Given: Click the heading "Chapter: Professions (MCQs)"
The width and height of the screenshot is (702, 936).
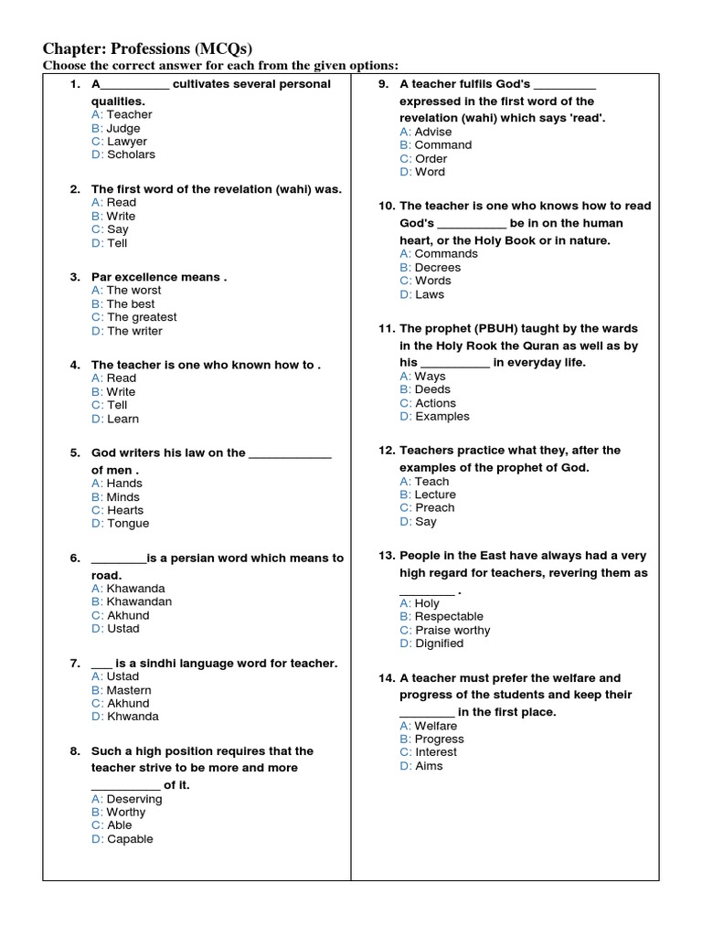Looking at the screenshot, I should point(148,48).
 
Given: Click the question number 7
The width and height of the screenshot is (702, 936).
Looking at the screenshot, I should point(75,663).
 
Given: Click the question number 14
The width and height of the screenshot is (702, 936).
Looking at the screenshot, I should point(386,678).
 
